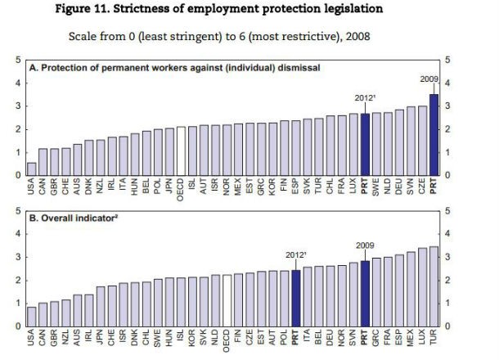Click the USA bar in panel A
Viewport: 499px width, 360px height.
(32, 169)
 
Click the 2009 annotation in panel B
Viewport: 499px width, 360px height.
(365, 245)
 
